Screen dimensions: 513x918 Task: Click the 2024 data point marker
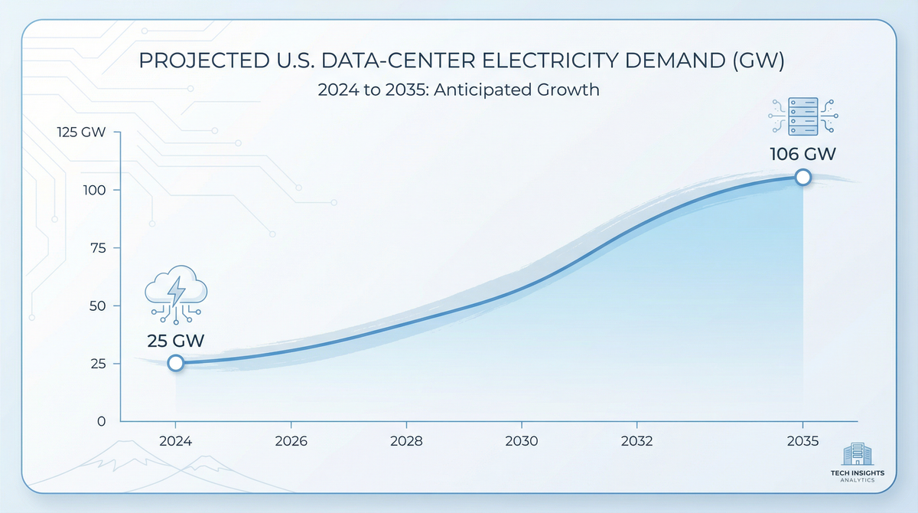tap(176, 362)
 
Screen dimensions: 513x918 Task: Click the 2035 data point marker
tap(802, 177)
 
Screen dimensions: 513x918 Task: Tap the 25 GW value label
tap(176, 340)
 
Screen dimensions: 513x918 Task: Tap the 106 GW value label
tap(802, 155)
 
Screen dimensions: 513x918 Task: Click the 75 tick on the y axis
tap(99, 248)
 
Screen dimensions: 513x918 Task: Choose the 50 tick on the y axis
tap(98, 306)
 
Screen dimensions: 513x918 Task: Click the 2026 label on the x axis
tap(291, 442)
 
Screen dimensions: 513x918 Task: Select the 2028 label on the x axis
tap(406, 442)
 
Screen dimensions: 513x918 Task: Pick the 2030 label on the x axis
tap(522, 442)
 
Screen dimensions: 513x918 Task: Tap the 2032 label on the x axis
tap(636, 442)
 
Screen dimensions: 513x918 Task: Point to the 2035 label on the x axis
tap(802, 442)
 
